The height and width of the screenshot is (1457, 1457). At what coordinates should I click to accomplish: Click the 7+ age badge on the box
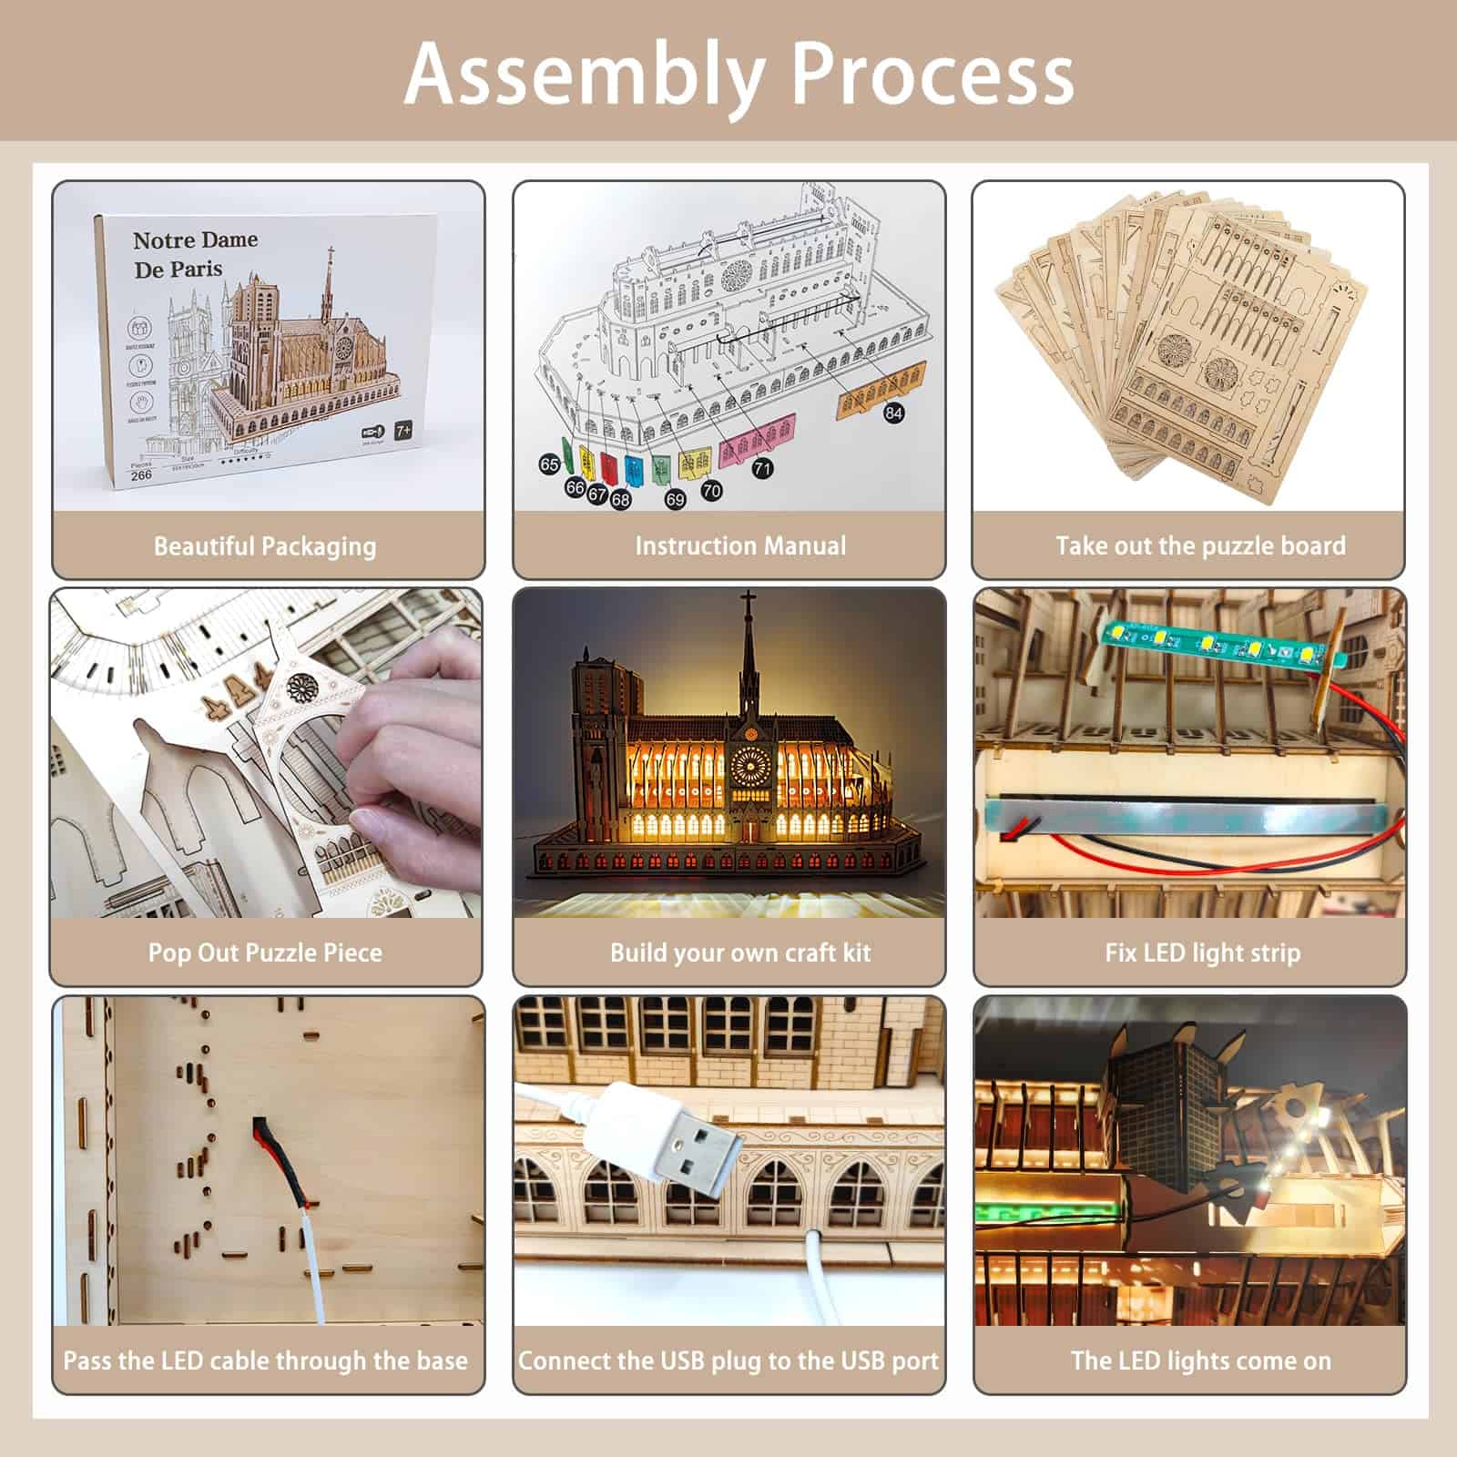coord(402,431)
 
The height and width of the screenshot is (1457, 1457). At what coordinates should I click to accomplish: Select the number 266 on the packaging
coord(141,474)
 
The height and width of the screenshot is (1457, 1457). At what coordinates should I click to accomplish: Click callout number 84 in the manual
coord(893,413)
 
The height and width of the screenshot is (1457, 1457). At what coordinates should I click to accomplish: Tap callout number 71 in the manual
coord(762,468)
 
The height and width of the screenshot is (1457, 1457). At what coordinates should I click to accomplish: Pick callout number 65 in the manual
coord(549,464)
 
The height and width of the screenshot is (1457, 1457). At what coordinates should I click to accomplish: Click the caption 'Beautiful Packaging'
coord(265,546)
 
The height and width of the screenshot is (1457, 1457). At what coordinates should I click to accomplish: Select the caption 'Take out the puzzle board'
coord(1200,546)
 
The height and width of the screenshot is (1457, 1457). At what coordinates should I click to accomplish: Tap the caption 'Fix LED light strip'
coord(1202,953)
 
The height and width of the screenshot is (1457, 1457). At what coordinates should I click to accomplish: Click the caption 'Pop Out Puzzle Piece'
coord(265,953)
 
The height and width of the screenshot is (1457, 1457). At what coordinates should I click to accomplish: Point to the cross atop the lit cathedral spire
coord(748,604)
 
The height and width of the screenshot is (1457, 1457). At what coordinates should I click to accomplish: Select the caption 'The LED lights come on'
coord(1200,1360)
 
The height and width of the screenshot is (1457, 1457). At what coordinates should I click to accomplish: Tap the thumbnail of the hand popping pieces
coord(266,751)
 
